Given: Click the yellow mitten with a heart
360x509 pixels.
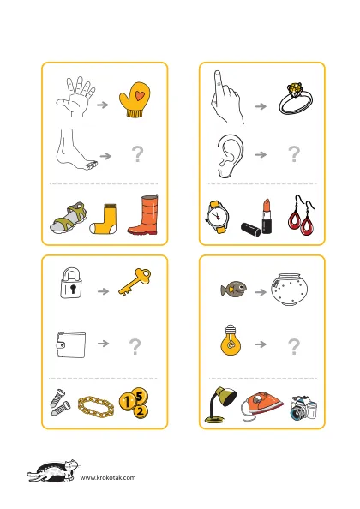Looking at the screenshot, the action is point(135,99).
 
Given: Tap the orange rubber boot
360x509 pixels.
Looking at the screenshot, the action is point(143,215).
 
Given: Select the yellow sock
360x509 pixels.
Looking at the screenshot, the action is point(103,219).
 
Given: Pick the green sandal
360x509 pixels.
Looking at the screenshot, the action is point(69,218).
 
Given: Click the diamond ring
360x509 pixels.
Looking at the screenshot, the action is point(295,99).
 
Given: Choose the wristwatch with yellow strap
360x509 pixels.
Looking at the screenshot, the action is point(217,217).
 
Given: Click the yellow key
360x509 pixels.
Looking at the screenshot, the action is point(135,282).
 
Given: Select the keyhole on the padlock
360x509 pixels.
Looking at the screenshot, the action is point(73,289).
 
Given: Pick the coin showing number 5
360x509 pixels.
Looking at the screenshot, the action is point(140,396).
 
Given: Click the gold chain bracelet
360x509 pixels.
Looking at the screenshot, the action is point(96,407).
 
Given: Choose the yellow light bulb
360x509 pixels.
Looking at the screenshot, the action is point(231,340).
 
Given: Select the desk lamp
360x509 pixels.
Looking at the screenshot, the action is point(220,404).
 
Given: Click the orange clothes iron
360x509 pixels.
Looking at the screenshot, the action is point(261,406).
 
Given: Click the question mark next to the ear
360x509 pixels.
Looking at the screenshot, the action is point(294,154).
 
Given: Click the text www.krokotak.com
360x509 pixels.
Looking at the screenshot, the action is point(108,477).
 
